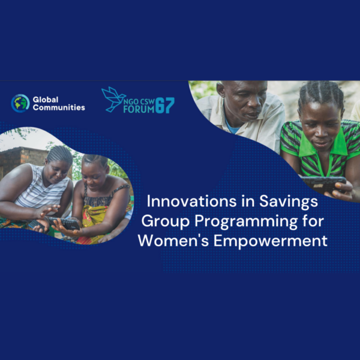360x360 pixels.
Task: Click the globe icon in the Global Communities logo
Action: [x=20, y=103]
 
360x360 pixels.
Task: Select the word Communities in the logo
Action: [x=59, y=107]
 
